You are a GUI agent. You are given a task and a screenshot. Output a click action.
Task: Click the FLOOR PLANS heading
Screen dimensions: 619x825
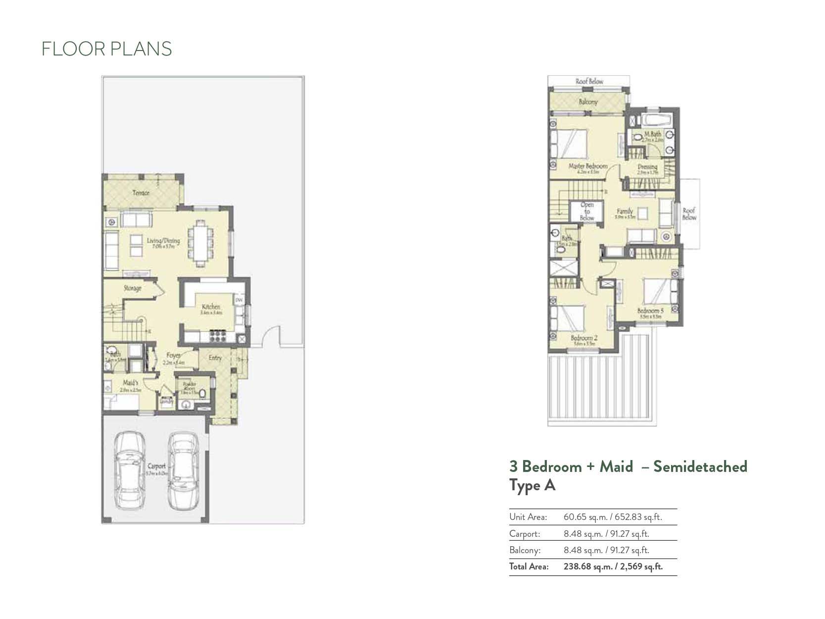pos(106,49)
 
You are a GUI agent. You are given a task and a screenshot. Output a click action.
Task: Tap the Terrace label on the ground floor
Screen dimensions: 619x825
pos(141,193)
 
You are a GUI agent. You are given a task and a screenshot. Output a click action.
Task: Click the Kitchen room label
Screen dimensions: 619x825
pos(210,307)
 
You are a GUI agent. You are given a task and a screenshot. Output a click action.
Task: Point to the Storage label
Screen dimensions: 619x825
pos(132,288)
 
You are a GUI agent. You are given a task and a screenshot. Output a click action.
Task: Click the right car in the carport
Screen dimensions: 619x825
pos(183,470)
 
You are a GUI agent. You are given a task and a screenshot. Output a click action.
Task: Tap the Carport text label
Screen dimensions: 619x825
pos(156,466)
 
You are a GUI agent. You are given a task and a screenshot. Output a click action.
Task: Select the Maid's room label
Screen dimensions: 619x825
pos(131,383)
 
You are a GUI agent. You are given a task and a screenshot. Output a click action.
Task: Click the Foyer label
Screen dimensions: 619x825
pos(173,356)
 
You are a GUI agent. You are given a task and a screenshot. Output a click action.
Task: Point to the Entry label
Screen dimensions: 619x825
pos(215,358)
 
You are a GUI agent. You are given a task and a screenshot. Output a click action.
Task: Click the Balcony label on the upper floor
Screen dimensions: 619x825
pos(588,102)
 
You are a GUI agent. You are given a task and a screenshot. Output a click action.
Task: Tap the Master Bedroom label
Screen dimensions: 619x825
pos(587,166)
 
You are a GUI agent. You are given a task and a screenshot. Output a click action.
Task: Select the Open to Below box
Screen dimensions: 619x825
pos(586,211)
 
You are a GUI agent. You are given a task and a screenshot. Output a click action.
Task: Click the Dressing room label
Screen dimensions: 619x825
pos(647,167)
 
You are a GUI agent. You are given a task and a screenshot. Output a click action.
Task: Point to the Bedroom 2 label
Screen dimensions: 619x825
pos(584,338)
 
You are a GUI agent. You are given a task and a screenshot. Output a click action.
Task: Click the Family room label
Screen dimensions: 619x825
pos(625,211)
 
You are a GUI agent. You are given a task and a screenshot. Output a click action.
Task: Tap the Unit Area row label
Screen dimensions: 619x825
pos(528,517)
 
